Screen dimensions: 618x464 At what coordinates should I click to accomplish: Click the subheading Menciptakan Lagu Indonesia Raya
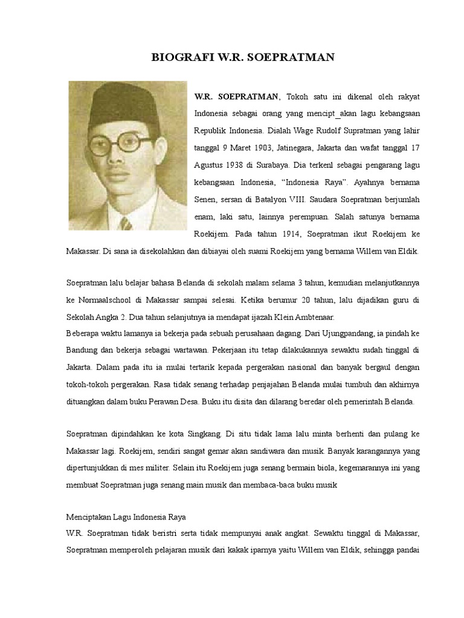click(126, 517)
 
